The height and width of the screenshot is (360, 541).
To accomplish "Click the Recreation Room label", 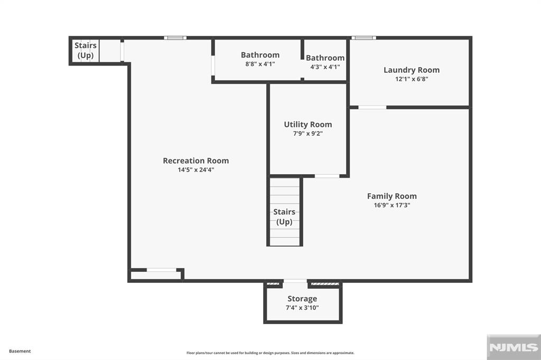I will coord(195,160).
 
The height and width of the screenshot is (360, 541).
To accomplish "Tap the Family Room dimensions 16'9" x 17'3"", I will coord(391,205).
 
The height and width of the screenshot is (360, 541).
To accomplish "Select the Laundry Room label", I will coord(411,70).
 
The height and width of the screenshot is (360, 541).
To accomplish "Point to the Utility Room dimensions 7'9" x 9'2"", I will coord(307,134).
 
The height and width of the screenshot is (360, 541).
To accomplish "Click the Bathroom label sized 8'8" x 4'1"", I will coord(260,55).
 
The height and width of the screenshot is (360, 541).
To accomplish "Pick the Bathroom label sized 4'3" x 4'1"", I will coord(325,58).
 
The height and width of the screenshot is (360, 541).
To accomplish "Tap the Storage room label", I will coord(302,299).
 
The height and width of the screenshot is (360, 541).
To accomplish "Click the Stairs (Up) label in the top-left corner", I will coord(85,50).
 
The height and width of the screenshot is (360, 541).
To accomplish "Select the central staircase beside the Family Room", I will coord(285,211).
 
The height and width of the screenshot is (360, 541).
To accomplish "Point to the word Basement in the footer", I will coord(20,351).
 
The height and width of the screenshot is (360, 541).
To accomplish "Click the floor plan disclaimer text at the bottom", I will coord(270,353).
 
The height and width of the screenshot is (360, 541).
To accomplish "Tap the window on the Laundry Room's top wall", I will coord(363,38).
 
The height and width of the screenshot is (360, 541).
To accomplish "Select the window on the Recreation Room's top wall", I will coord(175,38).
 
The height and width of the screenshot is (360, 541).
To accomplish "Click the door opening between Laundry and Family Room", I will coord(372,107).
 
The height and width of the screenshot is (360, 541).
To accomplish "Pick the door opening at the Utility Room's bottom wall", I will coord(327,176).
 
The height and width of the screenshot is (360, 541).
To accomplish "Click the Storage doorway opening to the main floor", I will coord(295,281).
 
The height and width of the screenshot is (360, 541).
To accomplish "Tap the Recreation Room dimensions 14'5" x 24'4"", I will coord(195,170).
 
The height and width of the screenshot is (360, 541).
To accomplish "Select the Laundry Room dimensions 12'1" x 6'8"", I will coord(411,79).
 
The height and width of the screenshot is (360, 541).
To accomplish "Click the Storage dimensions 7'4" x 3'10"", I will coord(302,308).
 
